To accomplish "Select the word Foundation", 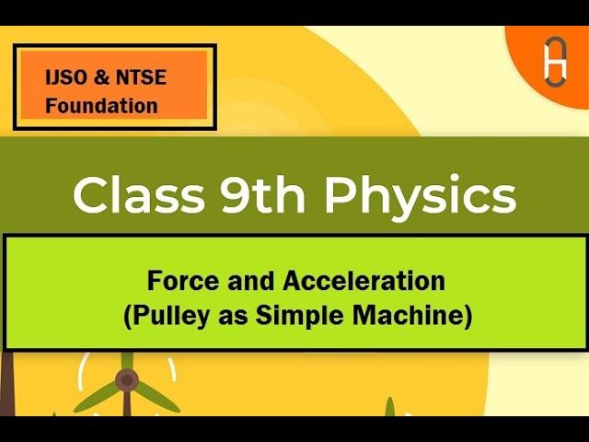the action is pos(101,106).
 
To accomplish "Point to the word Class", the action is pos(139,195).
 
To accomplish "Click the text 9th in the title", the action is pos(262,194).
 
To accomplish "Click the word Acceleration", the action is pos(364,281).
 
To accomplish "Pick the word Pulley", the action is pos(171,316).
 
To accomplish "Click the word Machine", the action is pos(407,315).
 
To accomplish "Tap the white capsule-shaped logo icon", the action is pos(555,63).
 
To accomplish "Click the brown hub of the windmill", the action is pos(127,380).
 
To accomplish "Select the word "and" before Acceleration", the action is pos(250,281).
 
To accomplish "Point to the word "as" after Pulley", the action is pos(233,319).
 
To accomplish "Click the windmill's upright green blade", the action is pos(127,361).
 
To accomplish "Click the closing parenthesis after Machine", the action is pos(468,317).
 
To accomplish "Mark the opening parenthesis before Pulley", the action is pos(128,317).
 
